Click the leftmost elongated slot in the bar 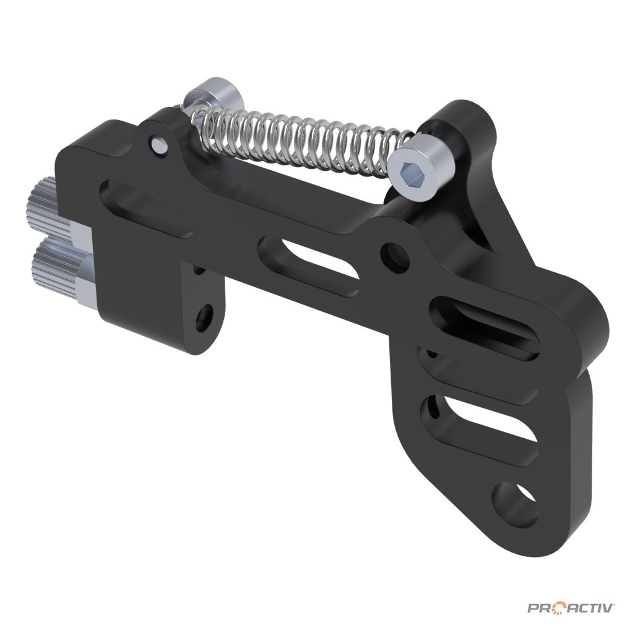coord(146,207)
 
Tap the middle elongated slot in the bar coord(308,265)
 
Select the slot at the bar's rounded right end coord(485,327)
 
